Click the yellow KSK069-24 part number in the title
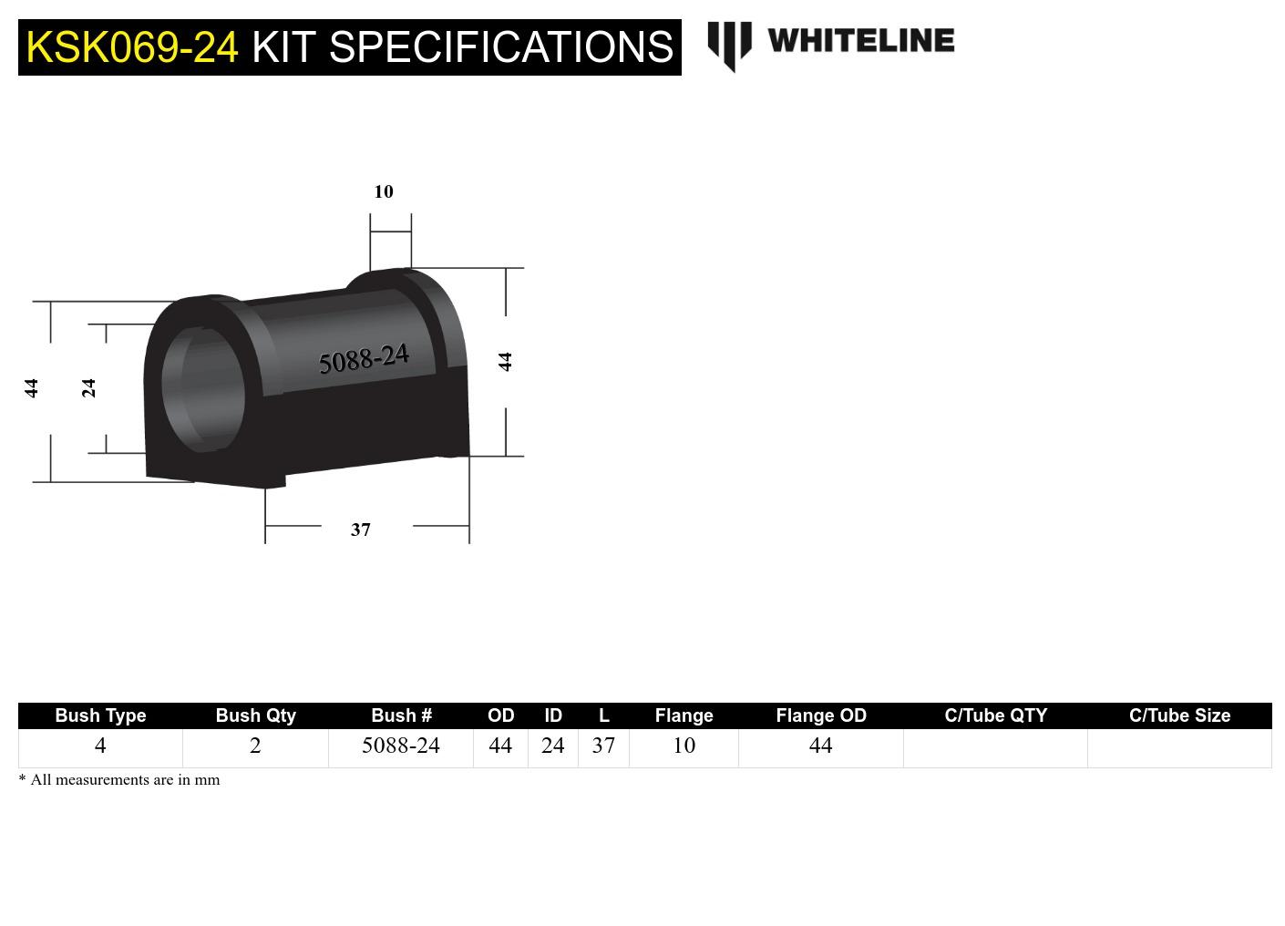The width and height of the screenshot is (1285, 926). [x=132, y=47]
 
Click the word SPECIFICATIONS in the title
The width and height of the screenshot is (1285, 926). [x=500, y=47]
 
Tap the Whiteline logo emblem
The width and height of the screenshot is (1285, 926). [x=729, y=45]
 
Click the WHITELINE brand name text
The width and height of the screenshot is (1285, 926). [x=860, y=41]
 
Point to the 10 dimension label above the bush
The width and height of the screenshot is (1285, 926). [x=384, y=191]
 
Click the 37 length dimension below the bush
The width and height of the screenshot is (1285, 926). [x=361, y=530]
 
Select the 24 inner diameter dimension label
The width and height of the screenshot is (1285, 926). [x=88, y=388]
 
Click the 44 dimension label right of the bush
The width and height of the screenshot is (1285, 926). [x=505, y=362]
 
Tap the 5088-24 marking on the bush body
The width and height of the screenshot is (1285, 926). [x=364, y=359]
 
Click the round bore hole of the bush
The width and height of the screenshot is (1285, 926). [x=203, y=389]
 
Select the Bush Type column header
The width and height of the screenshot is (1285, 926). [x=100, y=715]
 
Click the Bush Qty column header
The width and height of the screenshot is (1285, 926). [x=255, y=715]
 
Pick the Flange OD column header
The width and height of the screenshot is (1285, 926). [x=820, y=715]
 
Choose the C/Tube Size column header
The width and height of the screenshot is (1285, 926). [x=1179, y=715]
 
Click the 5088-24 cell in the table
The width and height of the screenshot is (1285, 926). [x=400, y=746]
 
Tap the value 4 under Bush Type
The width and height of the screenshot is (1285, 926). [x=100, y=746]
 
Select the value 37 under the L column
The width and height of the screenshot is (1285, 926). [x=603, y=746]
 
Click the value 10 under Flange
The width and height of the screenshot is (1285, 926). [x=684, y=746]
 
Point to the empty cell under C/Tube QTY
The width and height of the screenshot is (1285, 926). [x=995, y=747]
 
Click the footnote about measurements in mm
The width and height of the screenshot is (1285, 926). [x=119, y=780]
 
